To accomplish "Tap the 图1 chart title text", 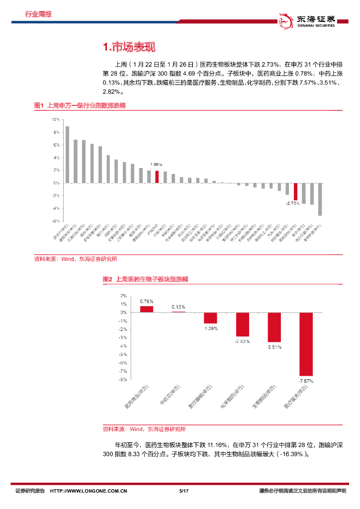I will (80, 105).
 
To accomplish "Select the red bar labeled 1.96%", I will (157, 177).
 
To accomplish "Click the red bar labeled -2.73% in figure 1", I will (295, 191).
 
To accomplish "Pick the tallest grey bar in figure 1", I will (68, 155).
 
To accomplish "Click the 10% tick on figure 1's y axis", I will (56, 120).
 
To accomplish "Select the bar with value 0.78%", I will (146, 309).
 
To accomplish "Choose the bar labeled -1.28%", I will (210, 318).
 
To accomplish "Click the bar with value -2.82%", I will (242, 324).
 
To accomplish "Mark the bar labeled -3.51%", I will (274, 327).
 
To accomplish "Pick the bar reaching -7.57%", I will (306, 344).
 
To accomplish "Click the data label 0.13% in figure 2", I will (179, 307).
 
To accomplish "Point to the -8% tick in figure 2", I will (122, 380).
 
